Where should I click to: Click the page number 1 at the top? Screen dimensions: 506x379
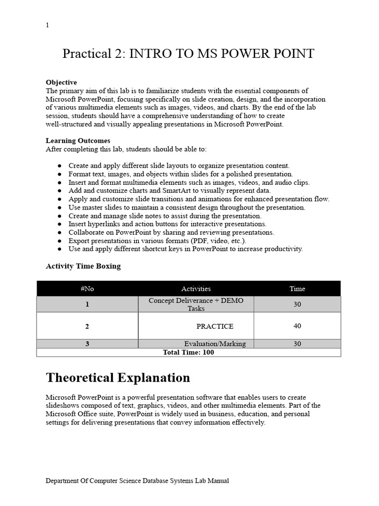click(47, 26)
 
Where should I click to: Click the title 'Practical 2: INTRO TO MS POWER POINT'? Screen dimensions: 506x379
click(188, 53)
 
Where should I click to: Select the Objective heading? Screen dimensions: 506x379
click(61, 82)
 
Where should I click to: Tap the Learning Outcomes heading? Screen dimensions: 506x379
click(78, 140)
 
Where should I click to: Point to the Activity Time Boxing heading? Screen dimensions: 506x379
click(83, 266)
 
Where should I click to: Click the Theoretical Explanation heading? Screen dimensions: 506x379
click(117, 378)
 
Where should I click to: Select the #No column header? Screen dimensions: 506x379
click(87, 289)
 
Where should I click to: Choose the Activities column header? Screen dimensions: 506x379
click(196, 289)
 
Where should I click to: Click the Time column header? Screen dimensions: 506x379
click(297, 289)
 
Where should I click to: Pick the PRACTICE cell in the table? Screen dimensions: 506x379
click(215, 326)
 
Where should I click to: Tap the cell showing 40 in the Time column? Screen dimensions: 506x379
click(297, 326)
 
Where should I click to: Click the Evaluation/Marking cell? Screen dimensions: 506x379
click(215, 344)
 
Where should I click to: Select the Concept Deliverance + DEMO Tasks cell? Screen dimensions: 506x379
click(196, 304)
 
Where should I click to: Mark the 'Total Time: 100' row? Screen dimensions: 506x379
click(188, 352)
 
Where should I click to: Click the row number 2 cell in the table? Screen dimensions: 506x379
click(87, 326)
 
